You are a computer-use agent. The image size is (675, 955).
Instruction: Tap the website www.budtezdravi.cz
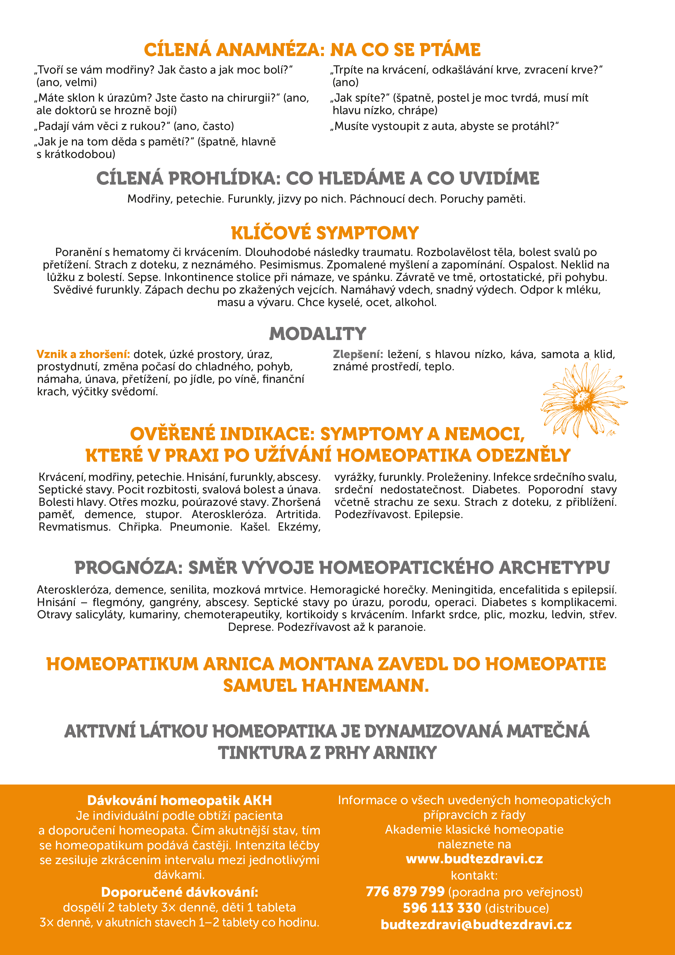tap(474, 859)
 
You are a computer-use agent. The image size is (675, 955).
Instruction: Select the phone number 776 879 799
tap(405, 892)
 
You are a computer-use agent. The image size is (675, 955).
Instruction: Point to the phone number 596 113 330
tap(442, 908)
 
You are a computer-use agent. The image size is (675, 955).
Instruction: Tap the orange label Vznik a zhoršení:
tap(83, 354)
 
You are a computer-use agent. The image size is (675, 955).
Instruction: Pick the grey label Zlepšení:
tap(358, 354)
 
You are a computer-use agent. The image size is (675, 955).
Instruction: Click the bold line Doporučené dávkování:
tap(179, 892)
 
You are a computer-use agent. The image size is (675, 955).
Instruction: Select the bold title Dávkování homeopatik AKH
tap(179, 800)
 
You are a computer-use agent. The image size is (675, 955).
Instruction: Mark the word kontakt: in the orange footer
tap(474, 876)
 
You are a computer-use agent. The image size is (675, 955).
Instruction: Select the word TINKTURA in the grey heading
tap(262, 753)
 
